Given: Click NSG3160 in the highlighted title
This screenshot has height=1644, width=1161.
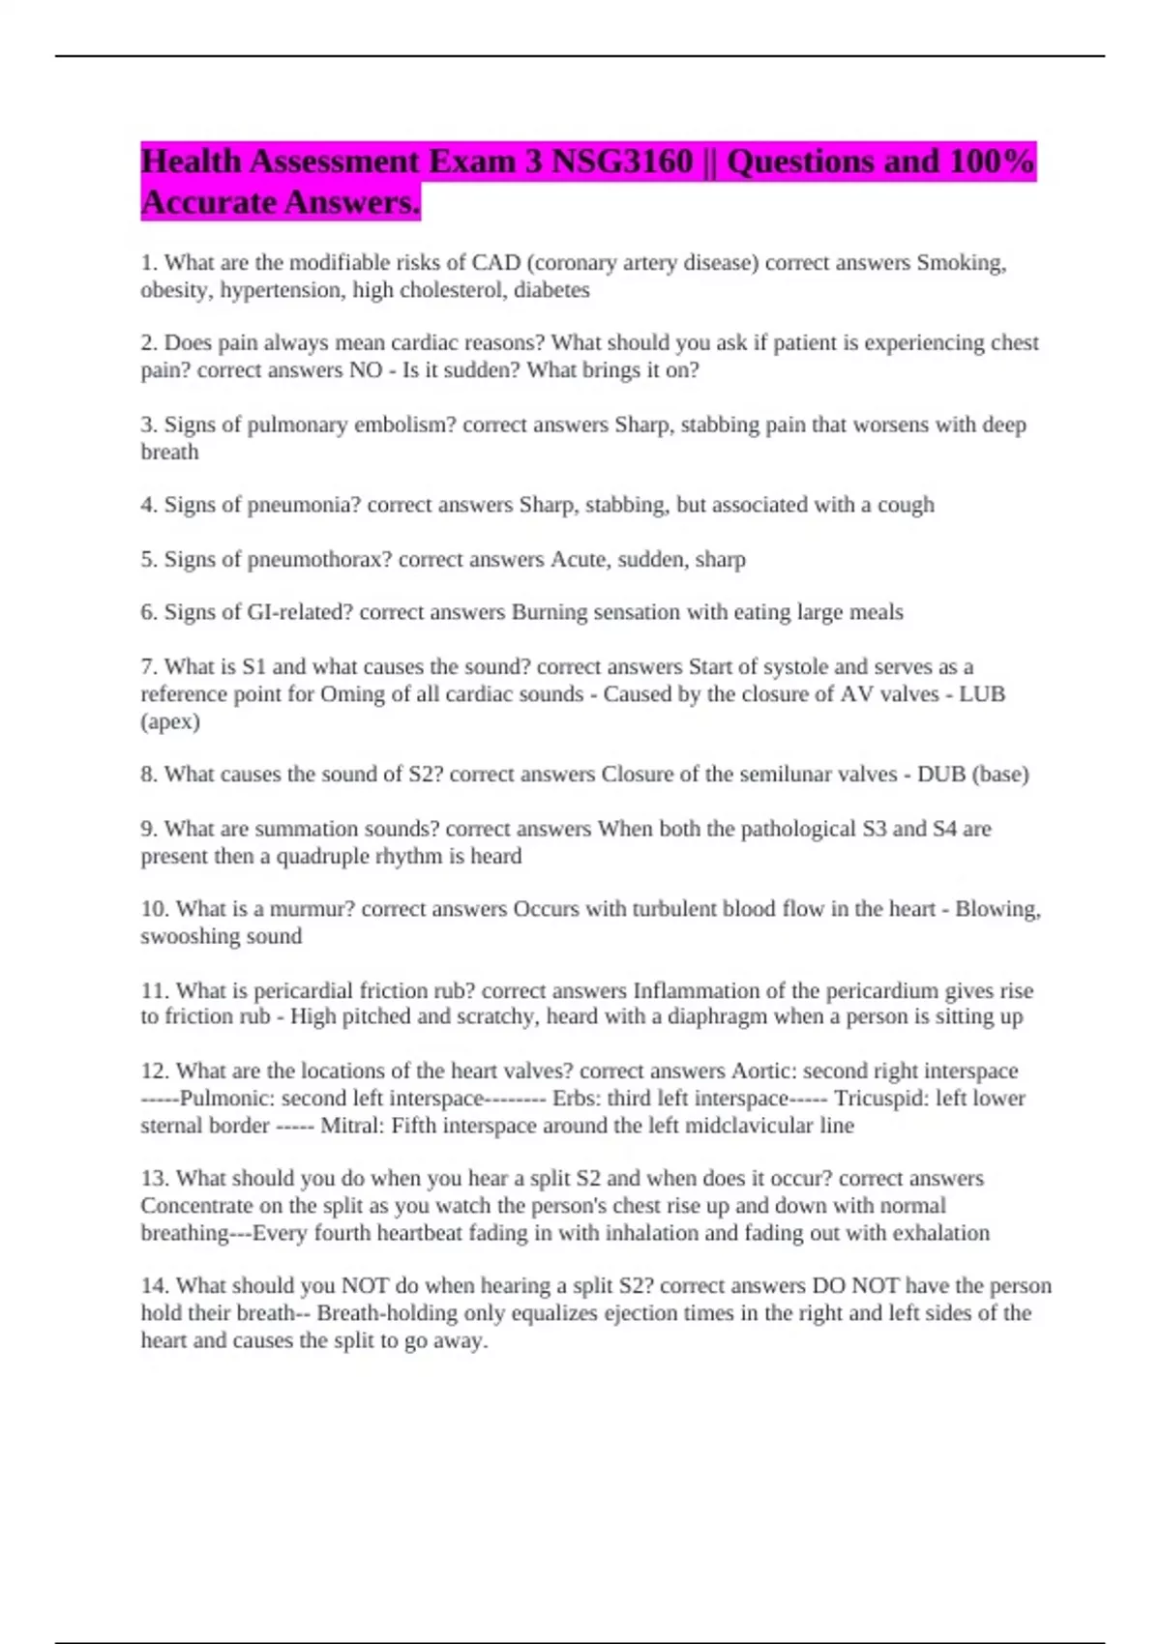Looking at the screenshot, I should pyautogui.click(x=622, y=161).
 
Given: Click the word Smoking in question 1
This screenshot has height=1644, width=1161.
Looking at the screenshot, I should pyautogui.click(x=961, y=263).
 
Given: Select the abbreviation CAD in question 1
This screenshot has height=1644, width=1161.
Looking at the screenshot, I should pyautogui.click(x=496, y=263).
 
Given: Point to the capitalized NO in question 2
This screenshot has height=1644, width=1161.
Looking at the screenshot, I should pyautogui.click(x=366, y=370).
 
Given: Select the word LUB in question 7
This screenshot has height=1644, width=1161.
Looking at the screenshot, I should pyautogui.click(x=982, y=694).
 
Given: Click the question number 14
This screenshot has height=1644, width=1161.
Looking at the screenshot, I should pyautogui.click(x=155, y=1286).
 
